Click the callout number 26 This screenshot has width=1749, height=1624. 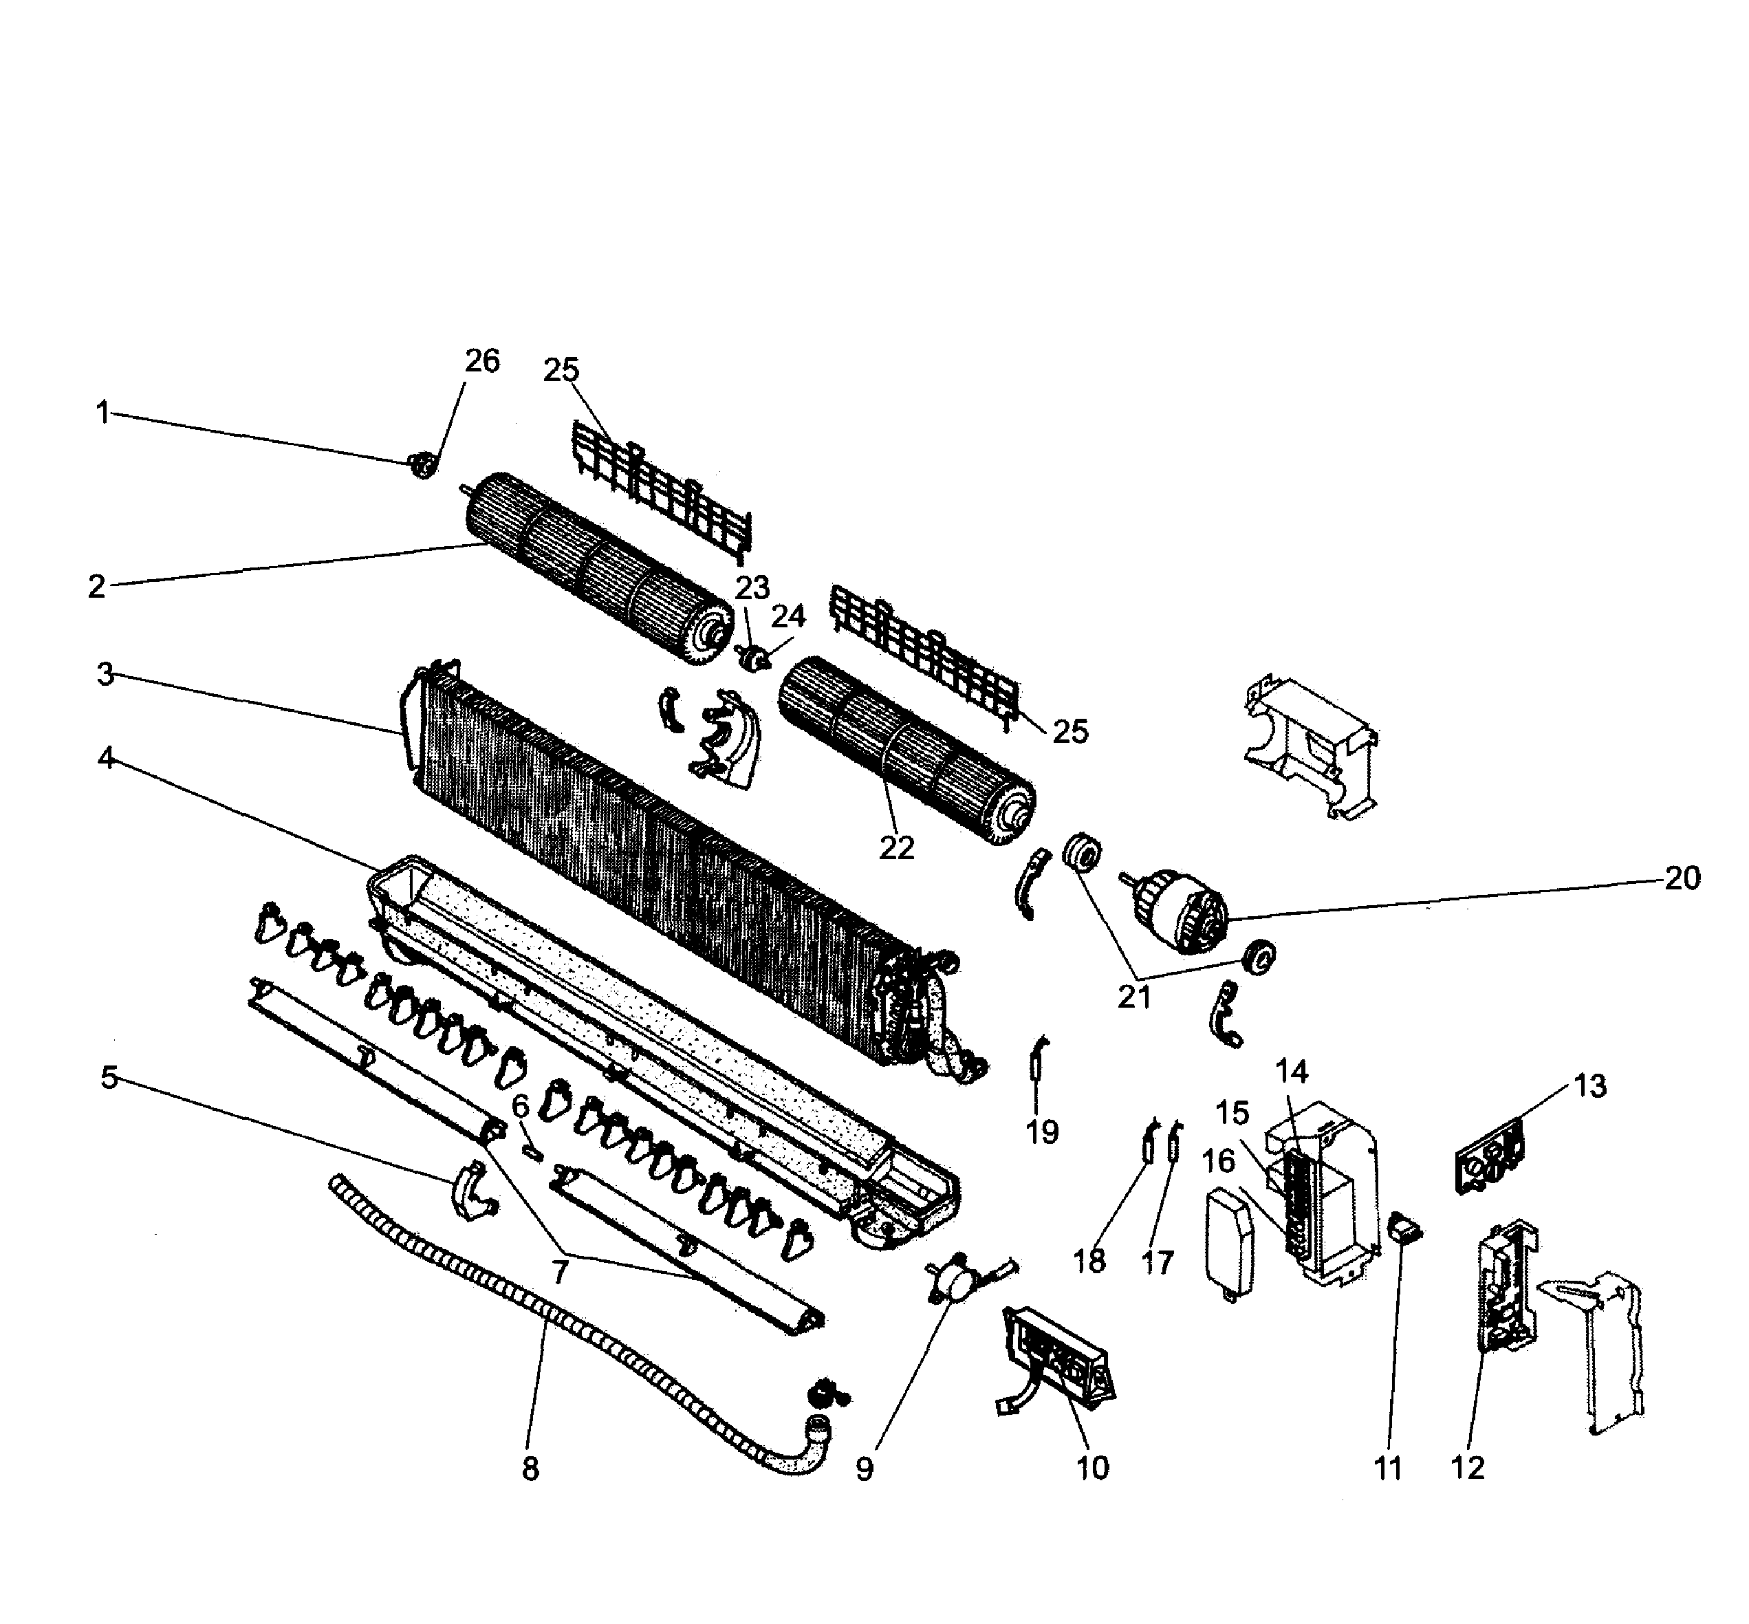coord(481,361)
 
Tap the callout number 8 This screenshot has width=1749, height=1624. coord(530,1469)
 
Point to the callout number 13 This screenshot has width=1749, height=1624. coord(1589,1086)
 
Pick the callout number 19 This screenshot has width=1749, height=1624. coord(1043,1133)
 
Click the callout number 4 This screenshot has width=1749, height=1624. coord(105,757)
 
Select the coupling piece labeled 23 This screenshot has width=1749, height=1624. coord(752,658)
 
